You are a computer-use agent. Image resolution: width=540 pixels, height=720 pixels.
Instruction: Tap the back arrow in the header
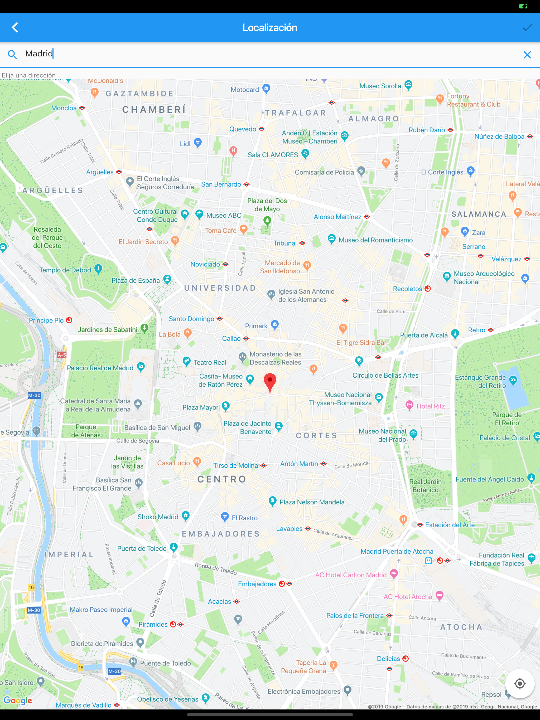[15, 28]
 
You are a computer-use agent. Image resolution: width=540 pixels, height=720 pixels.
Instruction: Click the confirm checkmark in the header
[527, 28]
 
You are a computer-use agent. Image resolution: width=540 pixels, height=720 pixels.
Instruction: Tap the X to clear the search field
[527, 55]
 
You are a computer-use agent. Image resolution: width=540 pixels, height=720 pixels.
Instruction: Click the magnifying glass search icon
[12, 54]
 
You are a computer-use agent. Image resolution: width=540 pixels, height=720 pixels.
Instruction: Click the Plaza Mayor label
[200, 407]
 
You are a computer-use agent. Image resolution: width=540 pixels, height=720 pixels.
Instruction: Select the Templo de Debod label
[65, 270]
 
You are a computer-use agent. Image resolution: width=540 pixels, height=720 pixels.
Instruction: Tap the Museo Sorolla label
[380, 86]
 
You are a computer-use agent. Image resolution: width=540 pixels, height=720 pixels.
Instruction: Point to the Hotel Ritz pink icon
[409, 405]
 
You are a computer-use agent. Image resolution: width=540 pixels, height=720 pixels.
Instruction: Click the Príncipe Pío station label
[46, 320]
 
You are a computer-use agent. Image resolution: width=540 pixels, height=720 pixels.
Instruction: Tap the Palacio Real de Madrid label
[100, 368]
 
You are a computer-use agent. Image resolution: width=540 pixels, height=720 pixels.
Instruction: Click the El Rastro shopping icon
[224, 517]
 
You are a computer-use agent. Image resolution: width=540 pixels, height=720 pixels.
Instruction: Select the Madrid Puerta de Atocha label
[397, 551]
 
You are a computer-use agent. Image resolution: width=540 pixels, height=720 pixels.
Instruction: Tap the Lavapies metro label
[289, 529]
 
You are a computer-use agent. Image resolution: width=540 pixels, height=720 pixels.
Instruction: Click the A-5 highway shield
[61, 355]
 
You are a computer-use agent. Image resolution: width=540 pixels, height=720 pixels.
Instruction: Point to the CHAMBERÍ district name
[154, 110]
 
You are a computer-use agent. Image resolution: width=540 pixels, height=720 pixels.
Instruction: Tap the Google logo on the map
[18, 700]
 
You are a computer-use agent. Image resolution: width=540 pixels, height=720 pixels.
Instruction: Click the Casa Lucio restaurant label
[173, 463]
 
